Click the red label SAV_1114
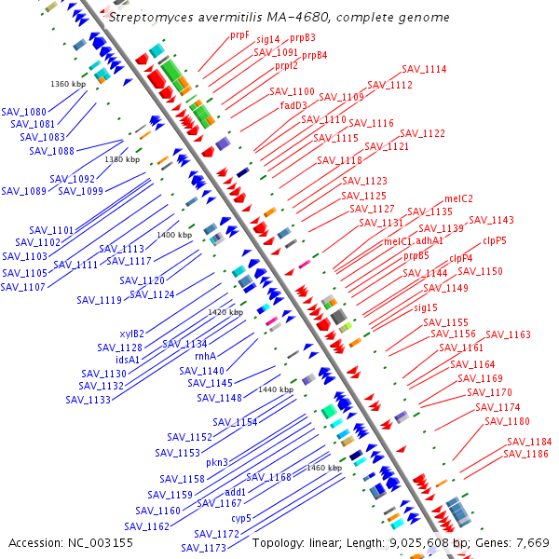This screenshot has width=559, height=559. [x=424, y=69]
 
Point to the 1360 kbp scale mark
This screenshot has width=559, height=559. [x=68, y=85]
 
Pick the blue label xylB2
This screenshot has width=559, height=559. [x=131, y=334]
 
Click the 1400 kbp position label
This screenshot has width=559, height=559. [x=174, y=236]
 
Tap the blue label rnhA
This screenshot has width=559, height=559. [x=205, y=356]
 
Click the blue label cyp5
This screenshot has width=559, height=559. [x=241, y=518]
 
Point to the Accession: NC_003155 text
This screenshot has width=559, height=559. [x=71, y=542]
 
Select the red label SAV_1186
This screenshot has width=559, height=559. [x=525, y=454]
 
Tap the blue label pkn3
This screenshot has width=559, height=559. [x=217, y=462]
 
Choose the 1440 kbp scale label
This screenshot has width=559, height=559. [x=276, y=389]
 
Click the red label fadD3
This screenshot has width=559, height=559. [x=293, y=105]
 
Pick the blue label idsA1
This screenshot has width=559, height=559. [x=128, y=360]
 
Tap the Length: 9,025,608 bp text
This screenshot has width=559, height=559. [x=416, y=542]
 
